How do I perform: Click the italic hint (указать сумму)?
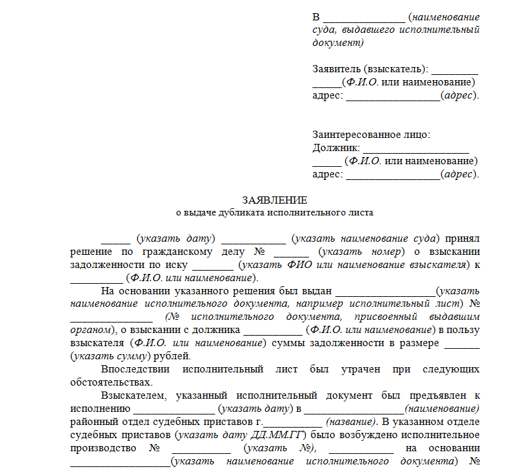110,356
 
